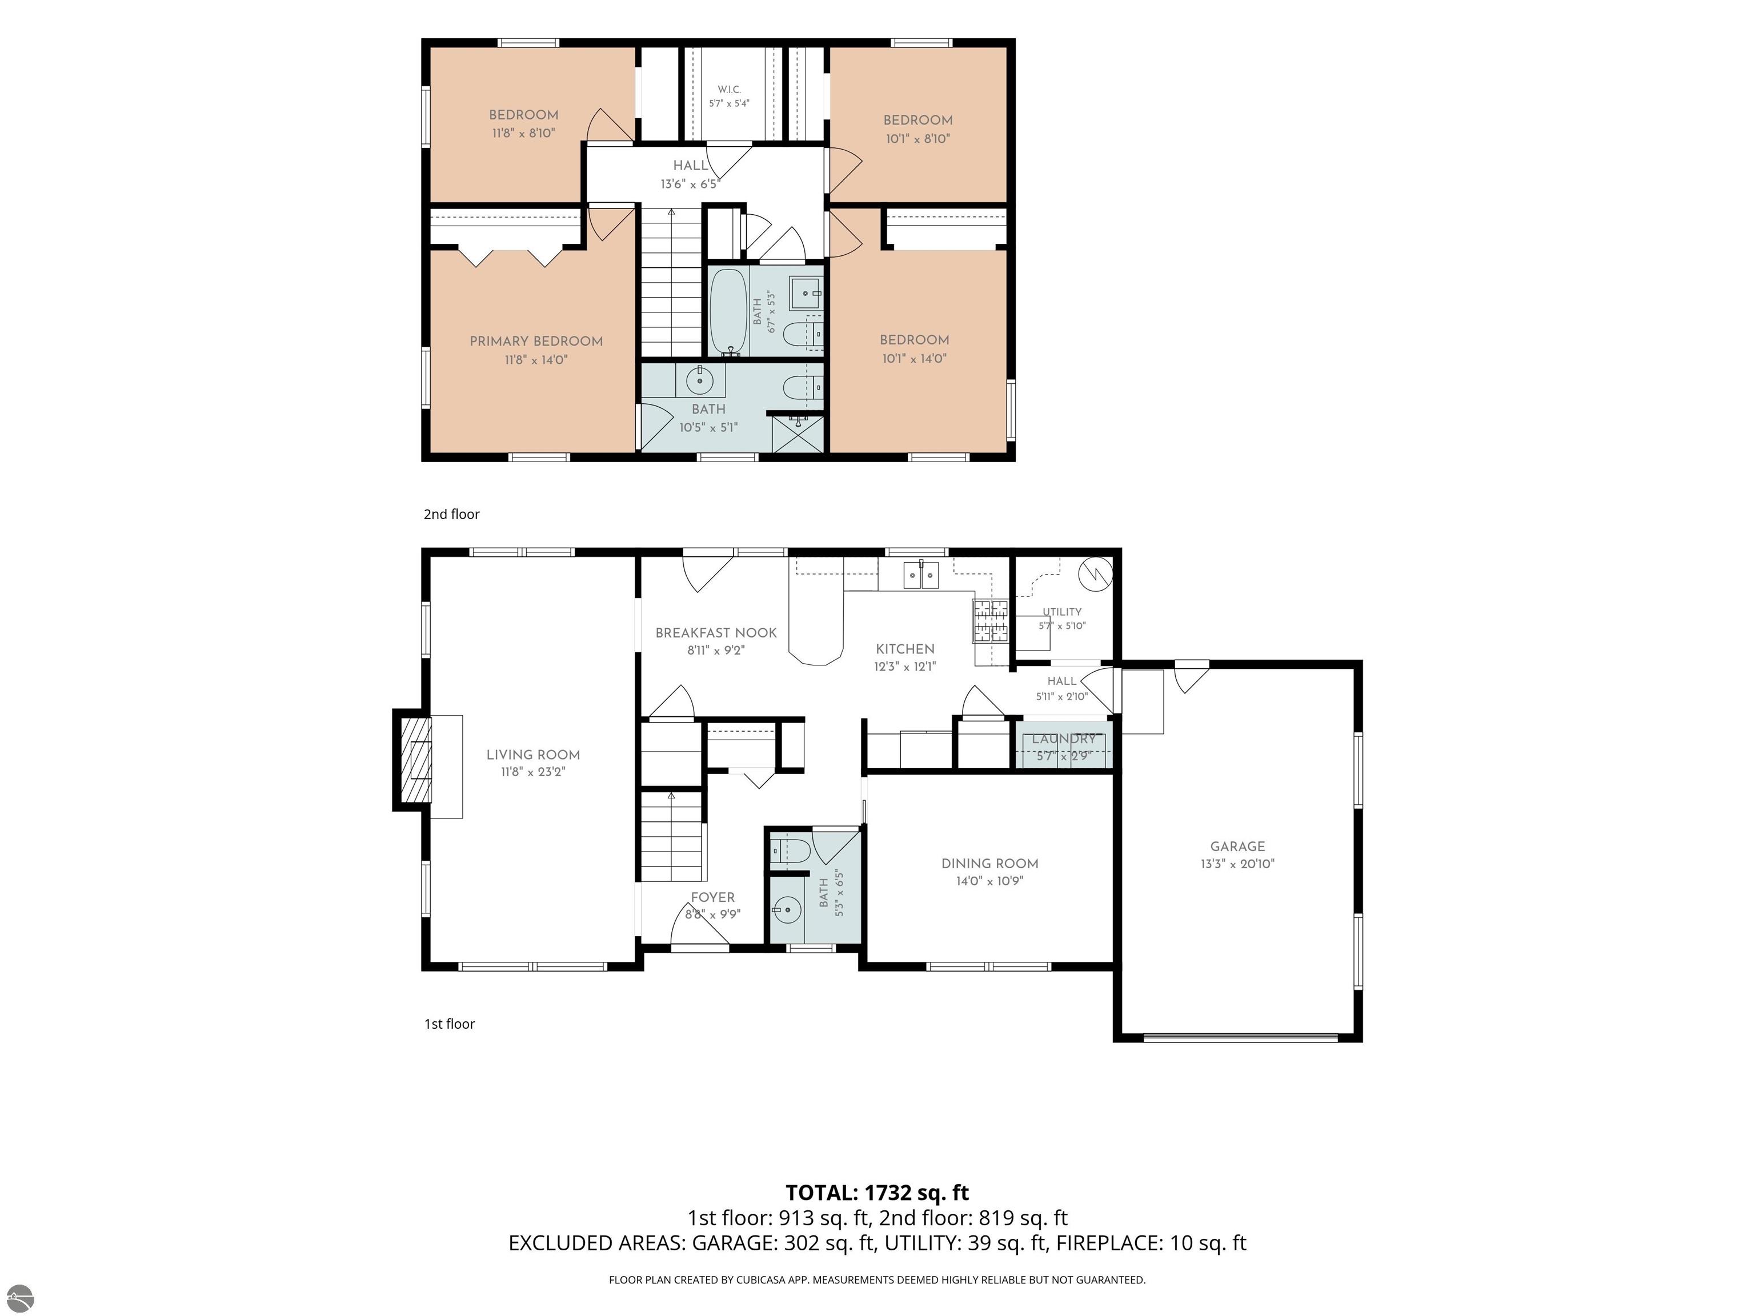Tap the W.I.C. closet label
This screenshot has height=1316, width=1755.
pos(729,90)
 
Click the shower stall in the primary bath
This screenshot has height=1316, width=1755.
pos(798,433)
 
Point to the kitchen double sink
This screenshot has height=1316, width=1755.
pos(921,574)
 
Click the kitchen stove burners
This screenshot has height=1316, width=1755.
pos(990,621)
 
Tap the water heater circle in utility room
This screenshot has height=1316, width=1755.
pos(1096,573)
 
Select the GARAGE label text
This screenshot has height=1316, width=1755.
pos(1238,846)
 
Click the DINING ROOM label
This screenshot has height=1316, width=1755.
pos(989,863)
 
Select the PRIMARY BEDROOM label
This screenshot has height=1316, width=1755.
pos(536,341)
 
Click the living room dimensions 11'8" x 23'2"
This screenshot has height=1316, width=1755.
pos(533,772)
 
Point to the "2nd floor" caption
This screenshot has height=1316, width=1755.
pos(451,514)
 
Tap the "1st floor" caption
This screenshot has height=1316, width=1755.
pos(450,1024)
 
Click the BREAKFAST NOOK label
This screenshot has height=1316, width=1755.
pos(716,632)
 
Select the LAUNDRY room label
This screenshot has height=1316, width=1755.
pos(1064,739)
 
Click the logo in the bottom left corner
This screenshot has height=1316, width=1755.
pos(18,1297)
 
